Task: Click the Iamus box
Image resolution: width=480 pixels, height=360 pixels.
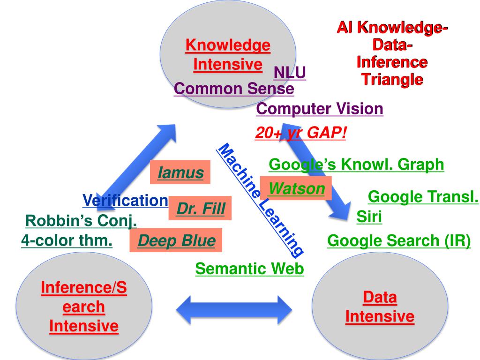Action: [x=180, y=172]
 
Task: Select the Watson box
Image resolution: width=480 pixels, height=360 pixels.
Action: [x=296, y=188]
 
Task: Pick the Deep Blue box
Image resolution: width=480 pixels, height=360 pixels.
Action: [x=176, y=241]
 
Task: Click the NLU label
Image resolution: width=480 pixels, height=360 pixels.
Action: [x=290, y=73]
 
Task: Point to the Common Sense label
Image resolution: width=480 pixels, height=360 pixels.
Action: [x=233, y=89]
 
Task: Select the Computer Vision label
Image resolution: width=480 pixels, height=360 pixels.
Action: [x=320, y=109]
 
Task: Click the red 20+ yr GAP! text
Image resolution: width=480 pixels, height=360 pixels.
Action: [x=301, y=133]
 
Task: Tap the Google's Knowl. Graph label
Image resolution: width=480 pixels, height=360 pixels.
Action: [x=356, y=165]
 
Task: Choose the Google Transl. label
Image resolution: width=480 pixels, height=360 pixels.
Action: [x=423, y=197]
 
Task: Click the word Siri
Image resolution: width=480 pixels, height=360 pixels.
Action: [x=369, y=217]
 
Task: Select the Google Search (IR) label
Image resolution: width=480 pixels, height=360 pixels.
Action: [x=399, y=240]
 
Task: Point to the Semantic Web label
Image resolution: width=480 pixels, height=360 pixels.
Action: [x=250, y=269]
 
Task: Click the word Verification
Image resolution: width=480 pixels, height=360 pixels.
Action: [x=125, y=201]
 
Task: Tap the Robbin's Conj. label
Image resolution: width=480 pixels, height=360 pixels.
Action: [x=81, y=220]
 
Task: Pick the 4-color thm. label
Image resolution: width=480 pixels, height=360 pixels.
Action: [x=67, y=241]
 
